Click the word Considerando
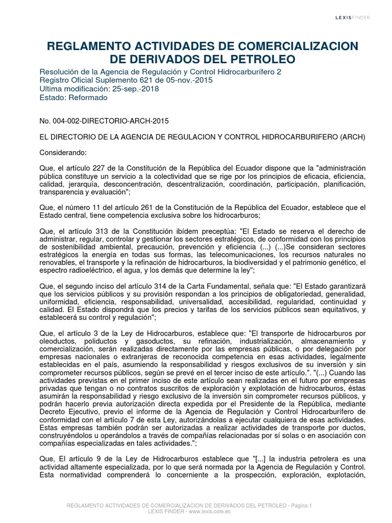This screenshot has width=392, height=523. (63, 153)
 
